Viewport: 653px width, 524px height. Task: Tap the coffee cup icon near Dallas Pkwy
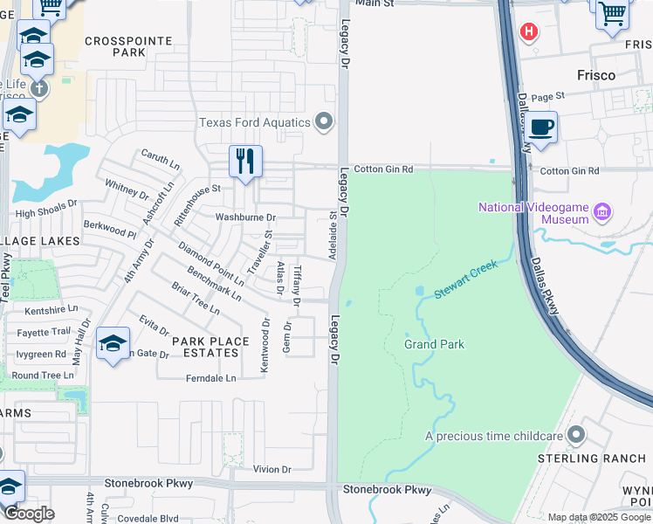(540, 128)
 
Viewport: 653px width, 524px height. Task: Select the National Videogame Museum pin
(601, 211)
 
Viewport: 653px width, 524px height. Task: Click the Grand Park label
(434, 344)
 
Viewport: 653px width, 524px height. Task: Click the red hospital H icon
(527, 32)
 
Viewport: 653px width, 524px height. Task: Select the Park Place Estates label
(205, 346)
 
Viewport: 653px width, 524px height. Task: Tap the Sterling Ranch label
(592, 458)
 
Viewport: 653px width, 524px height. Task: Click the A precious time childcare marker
(575, 434)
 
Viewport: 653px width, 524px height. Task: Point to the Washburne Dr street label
(246, 217)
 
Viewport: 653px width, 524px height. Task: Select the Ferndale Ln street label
(210, 378)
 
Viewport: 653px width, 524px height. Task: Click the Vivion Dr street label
(271, 469)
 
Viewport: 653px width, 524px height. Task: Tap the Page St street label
(548, 96)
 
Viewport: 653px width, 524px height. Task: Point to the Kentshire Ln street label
(52, 309)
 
